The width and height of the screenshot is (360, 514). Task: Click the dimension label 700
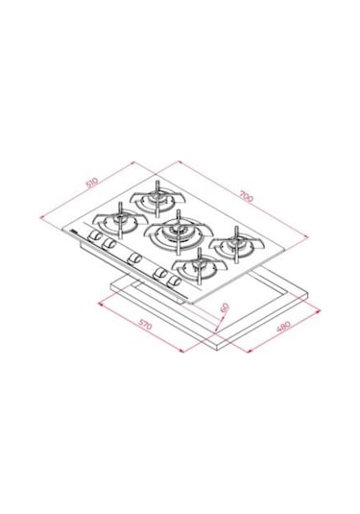[246, 197]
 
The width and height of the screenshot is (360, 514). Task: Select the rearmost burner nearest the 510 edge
[154, 203]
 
